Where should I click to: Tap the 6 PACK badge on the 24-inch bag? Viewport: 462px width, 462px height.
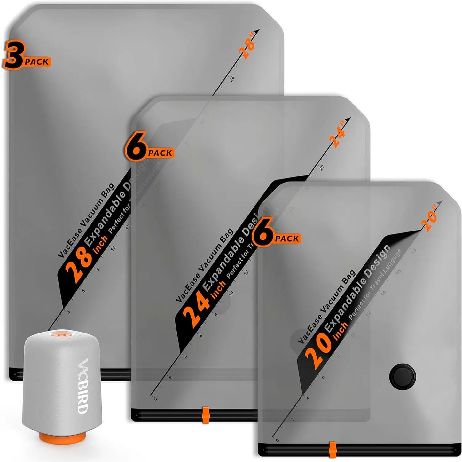149,150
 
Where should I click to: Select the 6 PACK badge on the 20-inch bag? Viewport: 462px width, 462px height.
276,236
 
